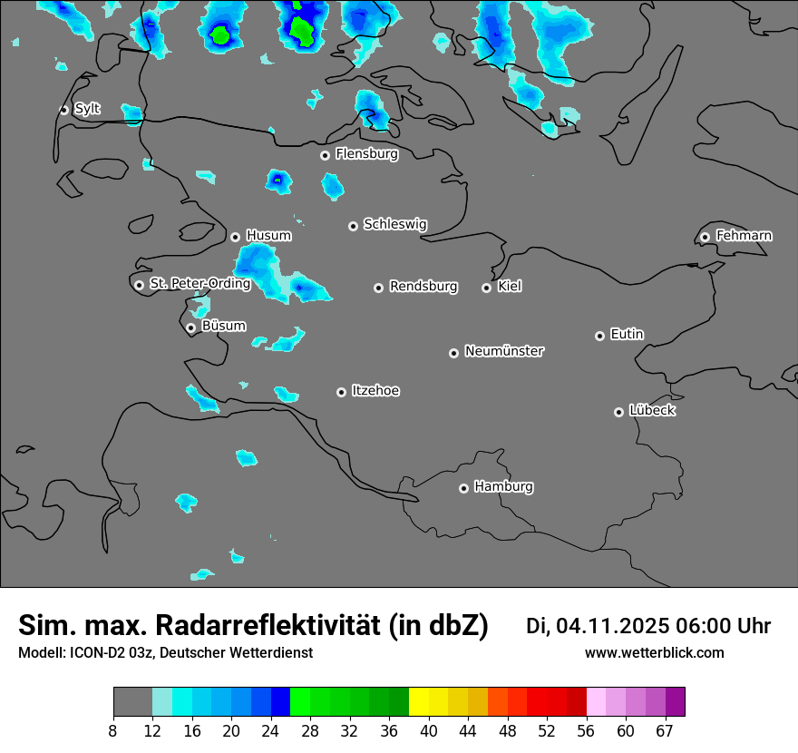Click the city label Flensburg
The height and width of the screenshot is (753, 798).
pyautogui.click(x=366, y=154)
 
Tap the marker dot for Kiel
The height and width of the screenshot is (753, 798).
pyautogui.click(x=486, y=288)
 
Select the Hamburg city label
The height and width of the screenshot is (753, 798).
pyautogui.click(x=503, y=487)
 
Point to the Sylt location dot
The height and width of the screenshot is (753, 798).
pyautogui.click(x=63, y=110)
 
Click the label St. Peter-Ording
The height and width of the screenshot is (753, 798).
pyautogui.click(x=199, y=284)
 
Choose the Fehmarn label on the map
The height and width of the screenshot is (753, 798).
pyautogui.click(x=744, y=236)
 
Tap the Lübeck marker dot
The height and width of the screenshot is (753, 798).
pyautogui.click(x=618, y=412)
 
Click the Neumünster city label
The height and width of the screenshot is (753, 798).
pyautogui.click(x=504, y=351)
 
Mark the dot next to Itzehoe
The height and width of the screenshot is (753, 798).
pyautogui.click(x=341, y=392)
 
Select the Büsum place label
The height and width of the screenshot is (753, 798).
pyautogui.click(x=223, y=326)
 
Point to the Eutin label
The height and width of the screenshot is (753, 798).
pyautogui.click(x=627, y=335)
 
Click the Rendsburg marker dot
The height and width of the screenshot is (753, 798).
pyautogui.click(x=378, y=288)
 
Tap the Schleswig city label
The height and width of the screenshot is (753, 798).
pyautogui.click(x=394, y=224)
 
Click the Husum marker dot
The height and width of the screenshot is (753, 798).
pyautogui.click(x=235, y=237)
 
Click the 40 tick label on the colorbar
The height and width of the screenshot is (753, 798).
pyautogui.click(x=429, y=731)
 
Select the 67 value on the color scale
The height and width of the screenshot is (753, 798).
pyautogui.click(x=664, y=731)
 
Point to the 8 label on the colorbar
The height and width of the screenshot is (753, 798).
pyautogui.click(x=113, y=731)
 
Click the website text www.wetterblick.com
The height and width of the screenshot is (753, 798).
pyautogui.click(x=654, y=653)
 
